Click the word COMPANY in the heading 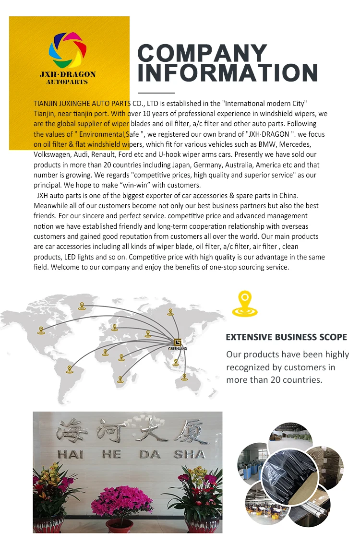tap(202, 53)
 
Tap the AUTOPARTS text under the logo tap(67, 82)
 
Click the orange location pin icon tap(245, 303)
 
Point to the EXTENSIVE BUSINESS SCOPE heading tap(286, 337)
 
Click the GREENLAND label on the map tap(178, 349)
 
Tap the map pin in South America tap(70, 369)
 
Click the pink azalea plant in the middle tap(122, 500)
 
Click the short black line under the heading tap(156, 92)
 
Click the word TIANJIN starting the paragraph tap(46, 103)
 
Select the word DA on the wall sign tap(150, 454)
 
